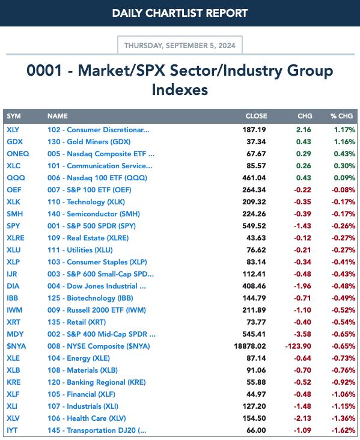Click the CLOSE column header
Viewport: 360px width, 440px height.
256,116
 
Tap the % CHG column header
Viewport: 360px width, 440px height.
341,116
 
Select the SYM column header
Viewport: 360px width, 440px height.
14,116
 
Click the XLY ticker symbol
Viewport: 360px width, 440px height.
13,130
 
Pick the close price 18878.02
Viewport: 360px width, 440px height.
250,346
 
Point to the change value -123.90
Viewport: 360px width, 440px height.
298,346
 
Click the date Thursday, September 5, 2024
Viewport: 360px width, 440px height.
180,46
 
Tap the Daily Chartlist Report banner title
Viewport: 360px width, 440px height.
180,13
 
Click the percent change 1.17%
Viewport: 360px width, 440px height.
344,130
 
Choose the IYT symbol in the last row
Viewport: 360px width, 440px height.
12,430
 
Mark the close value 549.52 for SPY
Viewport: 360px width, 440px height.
254,226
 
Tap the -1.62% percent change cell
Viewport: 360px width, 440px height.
343,430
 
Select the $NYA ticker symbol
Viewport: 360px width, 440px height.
16,346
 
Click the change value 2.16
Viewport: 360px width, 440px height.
304,130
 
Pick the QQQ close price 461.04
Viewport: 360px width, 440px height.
254,178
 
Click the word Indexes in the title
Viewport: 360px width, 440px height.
180,90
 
